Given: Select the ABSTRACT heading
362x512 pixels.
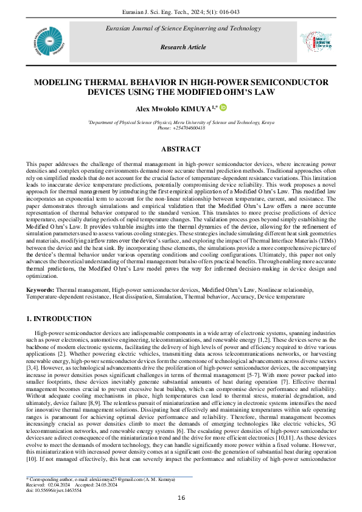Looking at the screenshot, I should [181, 149].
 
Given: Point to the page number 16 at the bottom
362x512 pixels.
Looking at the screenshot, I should [181, 498].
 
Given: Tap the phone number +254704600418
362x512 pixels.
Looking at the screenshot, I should [181, 128].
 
